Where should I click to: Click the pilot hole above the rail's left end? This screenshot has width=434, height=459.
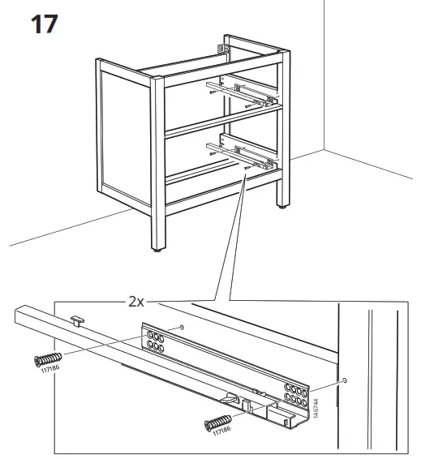[x=183, y=327]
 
